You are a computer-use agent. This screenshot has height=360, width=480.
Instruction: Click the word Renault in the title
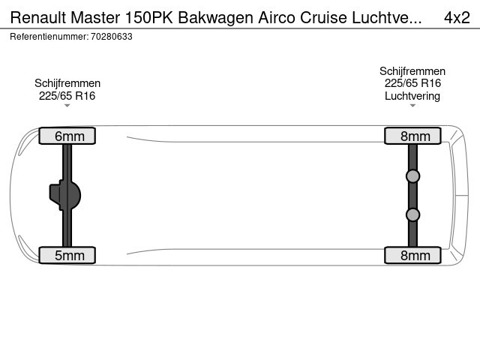(38, 17)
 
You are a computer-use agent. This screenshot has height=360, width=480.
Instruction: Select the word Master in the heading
(95, 17)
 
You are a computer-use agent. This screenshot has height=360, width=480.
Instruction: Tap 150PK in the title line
(149, 17)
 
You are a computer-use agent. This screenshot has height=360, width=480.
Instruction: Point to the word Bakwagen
(215, 18)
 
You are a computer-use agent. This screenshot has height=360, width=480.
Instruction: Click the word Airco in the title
(277, 17)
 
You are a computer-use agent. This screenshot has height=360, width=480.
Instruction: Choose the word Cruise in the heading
(323, 17)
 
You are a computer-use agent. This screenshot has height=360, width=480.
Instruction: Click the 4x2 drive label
(457, 17)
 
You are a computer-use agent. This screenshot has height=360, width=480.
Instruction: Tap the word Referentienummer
(49, 37)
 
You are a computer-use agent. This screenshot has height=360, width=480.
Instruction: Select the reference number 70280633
(112, 37)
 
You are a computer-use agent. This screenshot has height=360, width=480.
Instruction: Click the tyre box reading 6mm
(67, 136)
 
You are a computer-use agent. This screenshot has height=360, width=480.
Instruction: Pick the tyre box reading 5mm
(67, 255)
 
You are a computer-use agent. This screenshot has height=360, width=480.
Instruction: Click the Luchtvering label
(412, 96)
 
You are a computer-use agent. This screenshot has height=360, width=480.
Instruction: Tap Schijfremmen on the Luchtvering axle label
(412, 71)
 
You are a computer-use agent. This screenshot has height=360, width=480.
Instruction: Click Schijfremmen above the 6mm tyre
(67, 83)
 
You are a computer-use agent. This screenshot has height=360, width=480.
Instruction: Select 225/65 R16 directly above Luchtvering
(412, 83)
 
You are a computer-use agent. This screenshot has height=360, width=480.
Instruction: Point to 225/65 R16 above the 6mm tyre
(67, 96)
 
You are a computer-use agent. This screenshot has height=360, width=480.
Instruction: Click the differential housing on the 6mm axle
(65, 195)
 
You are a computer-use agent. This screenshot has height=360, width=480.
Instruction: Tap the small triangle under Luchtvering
(412, 106)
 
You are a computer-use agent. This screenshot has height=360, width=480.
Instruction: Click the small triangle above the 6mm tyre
(67, 106)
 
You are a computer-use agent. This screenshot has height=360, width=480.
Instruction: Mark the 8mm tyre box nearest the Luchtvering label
(412, 136)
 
